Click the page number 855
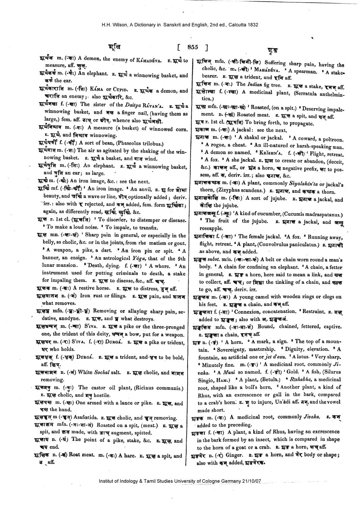tap(193, 47)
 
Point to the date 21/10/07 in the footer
tap(251, 481)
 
